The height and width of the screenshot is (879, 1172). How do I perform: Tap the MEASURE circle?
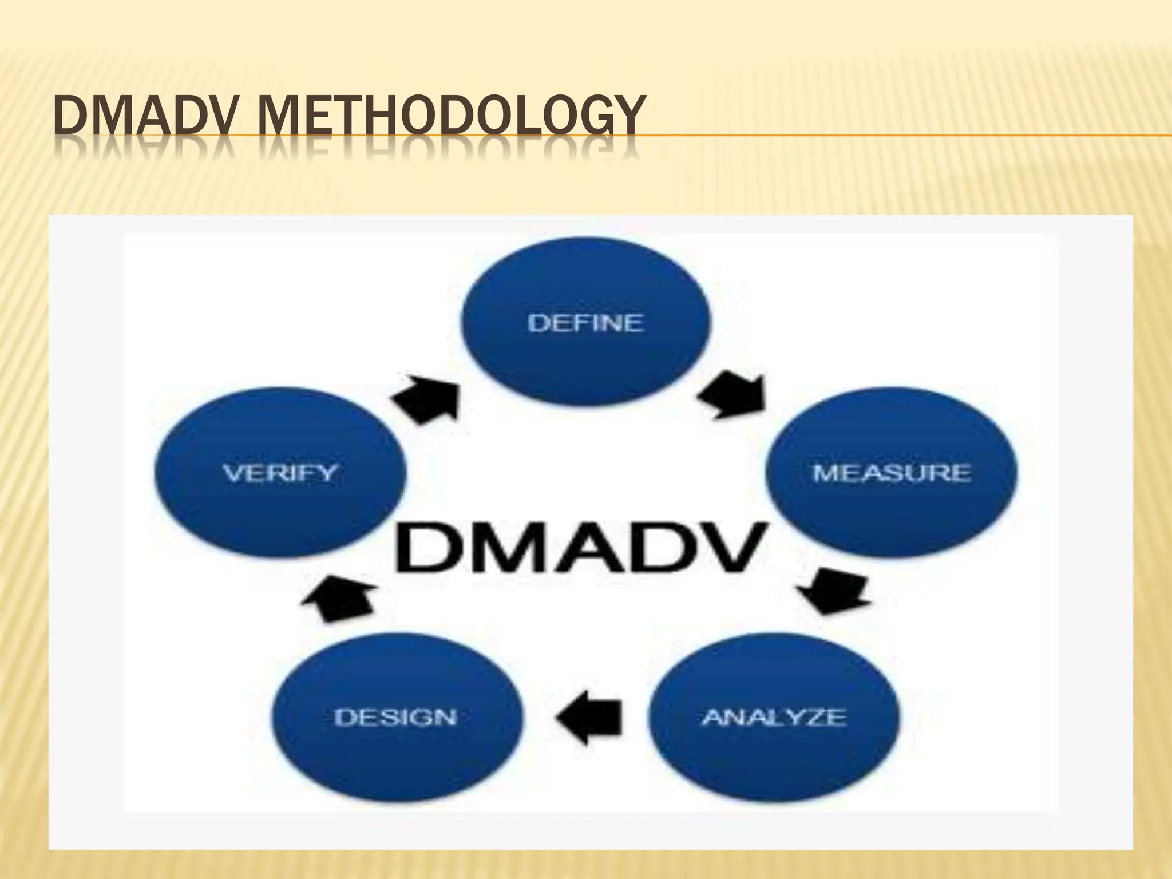pos(891,473)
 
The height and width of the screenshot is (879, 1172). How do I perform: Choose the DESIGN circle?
pos(396,717)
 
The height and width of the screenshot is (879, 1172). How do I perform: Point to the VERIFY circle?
pos(280,473)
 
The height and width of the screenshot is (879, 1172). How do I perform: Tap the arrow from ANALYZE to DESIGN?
pos(589,717)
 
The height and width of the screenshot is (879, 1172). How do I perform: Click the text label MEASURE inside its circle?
pos(891,473)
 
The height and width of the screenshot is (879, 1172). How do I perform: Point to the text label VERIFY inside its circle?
pos(280,473)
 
